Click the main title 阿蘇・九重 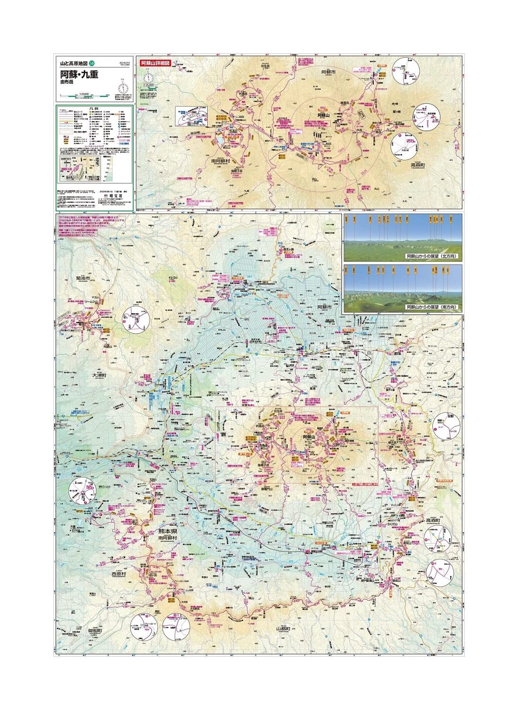pos(79,74)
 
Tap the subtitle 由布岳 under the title pos(67,82)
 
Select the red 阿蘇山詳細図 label pos(155,62)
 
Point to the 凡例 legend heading pos(96,108)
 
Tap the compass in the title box pos(123,87)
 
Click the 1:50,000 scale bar pos(85,96)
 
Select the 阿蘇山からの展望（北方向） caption pos(432,256)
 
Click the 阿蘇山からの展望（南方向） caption pos(432,307)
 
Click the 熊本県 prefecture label pos(167,532)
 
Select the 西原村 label pos(119,574)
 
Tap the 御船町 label pos(98,631)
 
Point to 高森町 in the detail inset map pos(418,165)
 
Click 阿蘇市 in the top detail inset pos(328,72)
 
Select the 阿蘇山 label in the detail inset pos(323,115)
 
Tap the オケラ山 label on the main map pos(173,278)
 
